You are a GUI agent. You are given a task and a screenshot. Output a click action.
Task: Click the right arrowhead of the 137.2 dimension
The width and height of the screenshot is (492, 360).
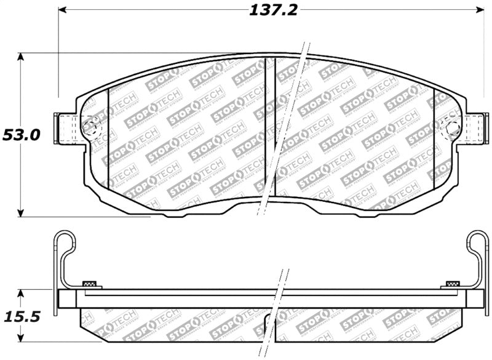click(x=480, y=10)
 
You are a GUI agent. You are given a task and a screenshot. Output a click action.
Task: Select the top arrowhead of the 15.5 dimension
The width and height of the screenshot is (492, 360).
click(x=21, y=293)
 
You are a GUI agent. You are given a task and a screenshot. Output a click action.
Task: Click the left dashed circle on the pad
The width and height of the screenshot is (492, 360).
click(x=90, y=128)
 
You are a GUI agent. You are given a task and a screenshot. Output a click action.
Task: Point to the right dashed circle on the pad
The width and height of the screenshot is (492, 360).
click(x=452, y=128)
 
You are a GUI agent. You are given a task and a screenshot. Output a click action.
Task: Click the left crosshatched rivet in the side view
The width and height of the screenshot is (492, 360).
click(x=90, y=284)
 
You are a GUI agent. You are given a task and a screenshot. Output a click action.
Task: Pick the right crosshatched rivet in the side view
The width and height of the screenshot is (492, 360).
click(x=452, y=284)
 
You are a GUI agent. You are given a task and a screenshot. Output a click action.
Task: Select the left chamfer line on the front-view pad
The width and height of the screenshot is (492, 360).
click(x=108, y=138)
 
